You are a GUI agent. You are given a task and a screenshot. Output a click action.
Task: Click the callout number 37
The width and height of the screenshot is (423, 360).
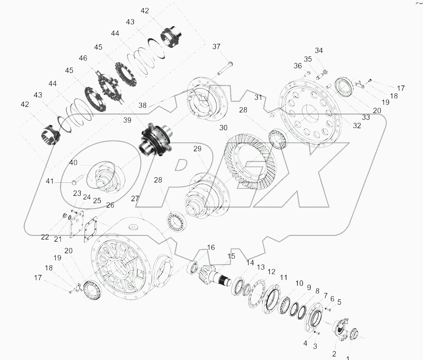click(216, 46)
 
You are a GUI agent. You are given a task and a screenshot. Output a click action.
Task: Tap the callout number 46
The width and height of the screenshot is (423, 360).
click(83, 58)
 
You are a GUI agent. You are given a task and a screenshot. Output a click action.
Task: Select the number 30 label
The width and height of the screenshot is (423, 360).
click(224, 128)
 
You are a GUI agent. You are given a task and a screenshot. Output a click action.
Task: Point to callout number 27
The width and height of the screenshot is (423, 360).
click(135, 199)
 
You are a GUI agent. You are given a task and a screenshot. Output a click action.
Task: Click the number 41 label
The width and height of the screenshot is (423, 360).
click(50, 181)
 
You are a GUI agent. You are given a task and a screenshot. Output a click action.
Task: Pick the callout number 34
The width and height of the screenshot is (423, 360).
click(318, 50)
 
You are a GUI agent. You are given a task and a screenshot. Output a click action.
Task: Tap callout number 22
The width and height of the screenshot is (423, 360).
click(45, 237)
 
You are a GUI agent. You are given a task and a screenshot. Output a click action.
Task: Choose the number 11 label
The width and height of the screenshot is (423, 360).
click(283, 277)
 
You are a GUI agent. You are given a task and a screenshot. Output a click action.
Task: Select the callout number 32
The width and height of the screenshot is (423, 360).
click(357, 125)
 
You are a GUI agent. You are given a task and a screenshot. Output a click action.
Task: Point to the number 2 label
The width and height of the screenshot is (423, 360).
click(334, 354)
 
